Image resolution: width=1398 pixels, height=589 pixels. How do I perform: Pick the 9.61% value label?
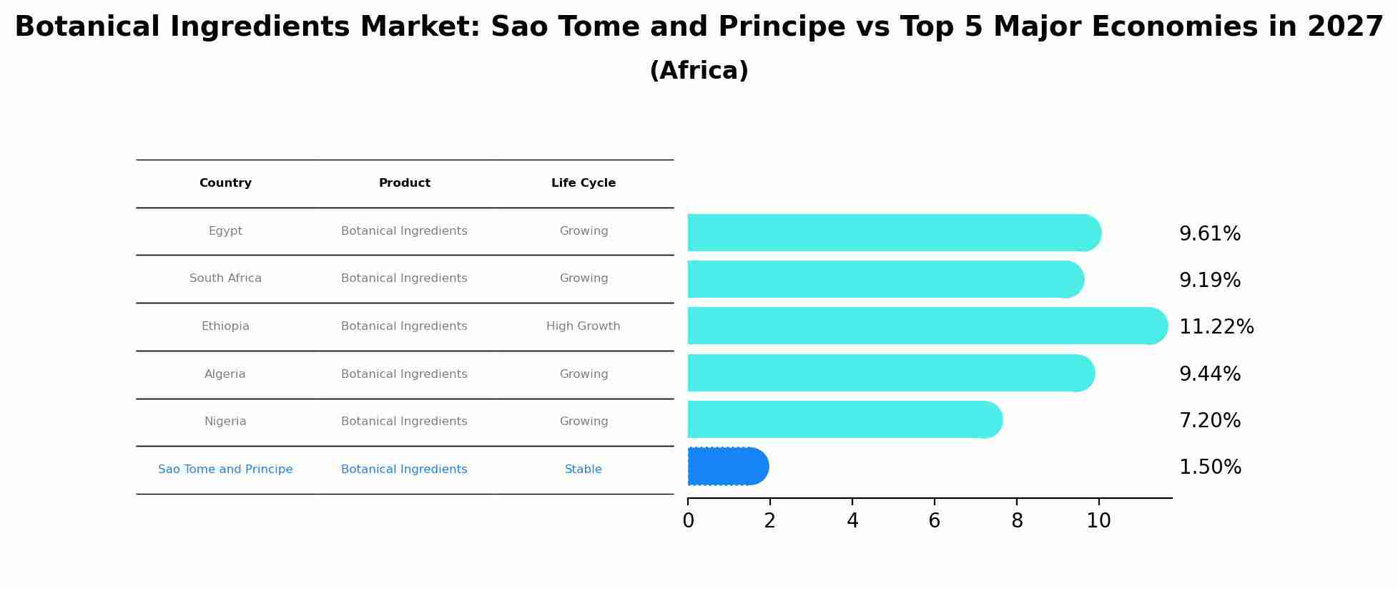coord(1209,234)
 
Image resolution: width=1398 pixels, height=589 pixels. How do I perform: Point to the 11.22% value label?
coord(1216,327)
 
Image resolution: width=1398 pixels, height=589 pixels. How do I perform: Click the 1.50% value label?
coord(1209,467)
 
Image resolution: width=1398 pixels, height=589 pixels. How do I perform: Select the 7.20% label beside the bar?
coord(1209,421)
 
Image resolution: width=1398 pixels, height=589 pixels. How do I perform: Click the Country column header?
coord(225,183)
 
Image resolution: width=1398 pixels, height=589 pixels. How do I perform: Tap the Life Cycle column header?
coord(583,183)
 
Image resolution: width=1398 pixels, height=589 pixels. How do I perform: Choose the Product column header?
coord(404,183)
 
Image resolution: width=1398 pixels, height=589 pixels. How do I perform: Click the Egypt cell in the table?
coord(225,231)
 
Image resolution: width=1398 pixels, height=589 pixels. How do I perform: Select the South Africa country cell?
coord(225,278)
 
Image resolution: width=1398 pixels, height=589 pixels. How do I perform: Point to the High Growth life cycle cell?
coord(583,326)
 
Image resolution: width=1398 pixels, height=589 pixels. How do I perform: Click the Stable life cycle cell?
coord(583,469)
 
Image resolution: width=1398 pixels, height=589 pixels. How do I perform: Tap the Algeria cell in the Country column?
coord(225,374)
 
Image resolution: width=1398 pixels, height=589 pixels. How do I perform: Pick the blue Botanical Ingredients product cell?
coord(404,469)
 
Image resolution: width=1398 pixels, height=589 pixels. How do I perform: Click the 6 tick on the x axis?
coord(934,521)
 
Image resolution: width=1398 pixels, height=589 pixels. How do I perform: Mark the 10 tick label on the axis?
coord(1098,521)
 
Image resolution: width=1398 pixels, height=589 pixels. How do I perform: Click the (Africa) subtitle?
coord(699,71)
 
